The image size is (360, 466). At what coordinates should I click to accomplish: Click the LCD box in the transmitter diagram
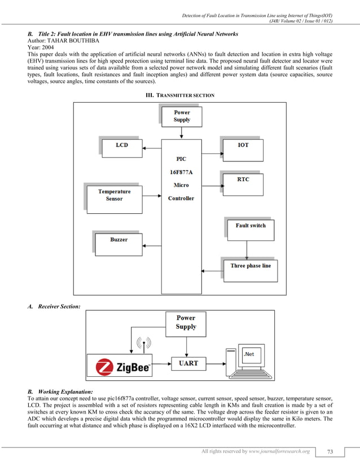click(x=121, y=146)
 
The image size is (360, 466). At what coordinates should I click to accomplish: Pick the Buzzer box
click(x=118, y=240)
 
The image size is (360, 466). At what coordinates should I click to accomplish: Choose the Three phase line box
click(x=251, y=266)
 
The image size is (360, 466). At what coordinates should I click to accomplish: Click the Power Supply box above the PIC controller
click(x=182, y=116)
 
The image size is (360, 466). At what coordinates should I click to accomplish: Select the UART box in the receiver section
click(x=188, y=363)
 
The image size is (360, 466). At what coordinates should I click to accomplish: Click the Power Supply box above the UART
click(x=186, y=323)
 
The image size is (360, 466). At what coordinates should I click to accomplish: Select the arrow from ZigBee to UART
click(x=161, y=363)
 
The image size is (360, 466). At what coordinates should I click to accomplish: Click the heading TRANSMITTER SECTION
click(x=180, y=95)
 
